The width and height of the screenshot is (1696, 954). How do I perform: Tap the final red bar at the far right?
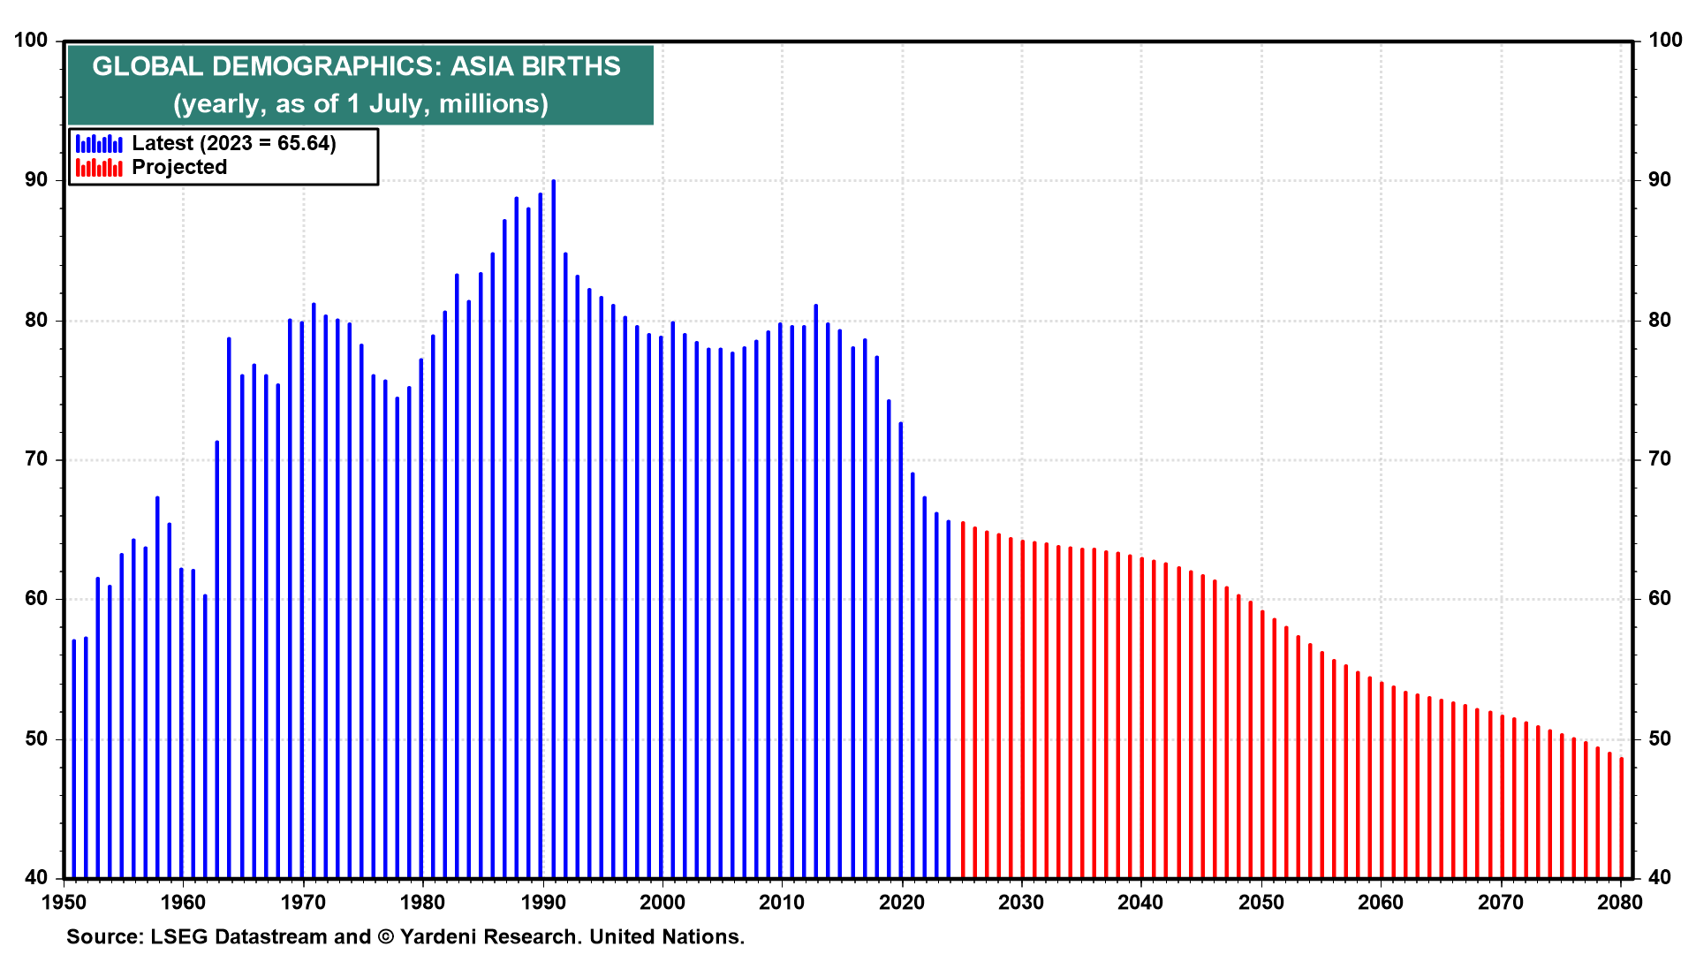coord(1622,817)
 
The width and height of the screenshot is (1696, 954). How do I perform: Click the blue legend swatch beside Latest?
coord(99,144)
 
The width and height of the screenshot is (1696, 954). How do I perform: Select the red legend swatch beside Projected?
coord(99,168)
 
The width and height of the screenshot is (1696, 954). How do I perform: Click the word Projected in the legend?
coord(179,168)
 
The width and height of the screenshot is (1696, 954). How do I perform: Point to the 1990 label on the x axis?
coord(543,903)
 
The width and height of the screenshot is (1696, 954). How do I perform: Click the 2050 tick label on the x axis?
coord(1261,903)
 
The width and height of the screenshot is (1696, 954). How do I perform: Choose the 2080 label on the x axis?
coord(1620,903)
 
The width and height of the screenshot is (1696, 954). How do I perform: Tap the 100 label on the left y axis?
coord(32,41)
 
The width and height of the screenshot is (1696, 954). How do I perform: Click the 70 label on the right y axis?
coord(1660,459)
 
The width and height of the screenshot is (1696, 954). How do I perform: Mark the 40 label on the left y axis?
coord(36,878)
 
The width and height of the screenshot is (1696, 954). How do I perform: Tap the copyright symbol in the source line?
coord(386,937)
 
